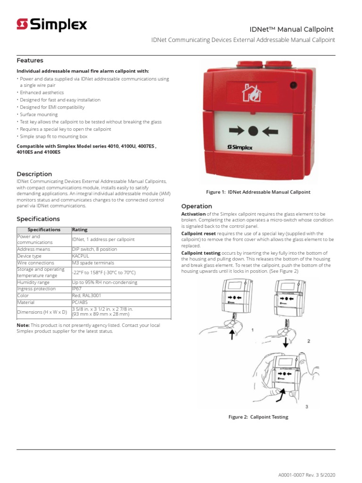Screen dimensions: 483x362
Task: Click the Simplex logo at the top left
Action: coord(52,25)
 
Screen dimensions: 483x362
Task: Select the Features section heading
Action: coord(30,60)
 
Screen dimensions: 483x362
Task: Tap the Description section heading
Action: coord(34,174)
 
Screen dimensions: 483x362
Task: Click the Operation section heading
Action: coord(197,206)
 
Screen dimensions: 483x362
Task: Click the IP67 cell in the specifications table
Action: coord(77,289)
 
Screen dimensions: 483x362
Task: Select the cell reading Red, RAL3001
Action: coord(86,296)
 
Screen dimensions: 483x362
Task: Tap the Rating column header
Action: coord(80,230)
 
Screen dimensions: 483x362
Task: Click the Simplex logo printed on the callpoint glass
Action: coord(240,148)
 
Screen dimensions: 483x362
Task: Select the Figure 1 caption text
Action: coord(258,192)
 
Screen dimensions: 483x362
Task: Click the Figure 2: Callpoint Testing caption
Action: coord(258,417)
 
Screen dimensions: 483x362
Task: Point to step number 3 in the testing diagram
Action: coord(306,406)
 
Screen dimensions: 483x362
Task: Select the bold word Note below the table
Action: coord(23,325)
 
